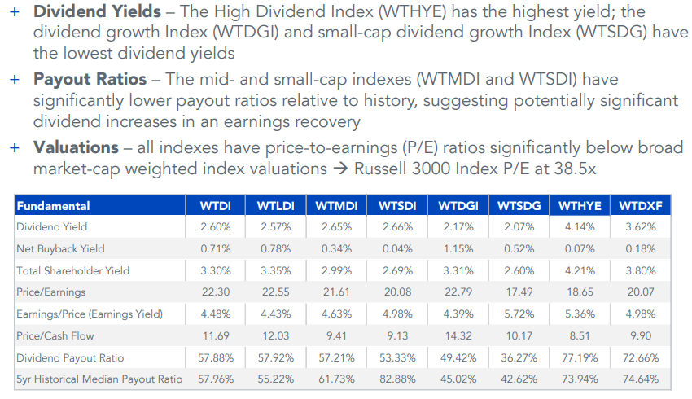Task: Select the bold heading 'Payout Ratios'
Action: pyautogui.click(x=90, y=81)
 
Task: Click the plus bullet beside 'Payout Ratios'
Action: pyautogui.click(x=14, y=81)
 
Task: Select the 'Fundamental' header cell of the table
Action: pyautogui.click(x=54, y=206)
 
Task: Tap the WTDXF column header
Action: pyautogui.click(x=640, y=206)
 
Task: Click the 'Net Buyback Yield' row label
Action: pyautogui.click(x=61, y=248)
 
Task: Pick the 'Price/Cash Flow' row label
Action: pyautogui.click(x=56, y=335)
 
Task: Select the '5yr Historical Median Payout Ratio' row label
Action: pyautogui.click(x=99, y=379)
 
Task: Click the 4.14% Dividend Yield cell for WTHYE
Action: pyautogui.click(x=580, y=227)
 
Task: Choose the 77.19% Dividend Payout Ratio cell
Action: pyautogui.click(x=580, y=357)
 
